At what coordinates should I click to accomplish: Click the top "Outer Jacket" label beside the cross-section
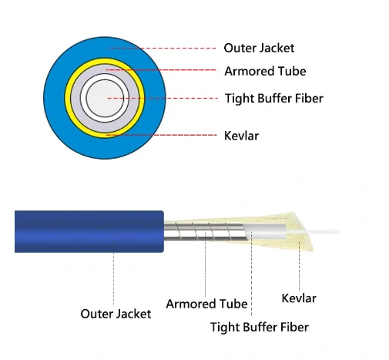(259, 49)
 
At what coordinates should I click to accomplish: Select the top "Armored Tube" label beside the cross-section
(265, 71)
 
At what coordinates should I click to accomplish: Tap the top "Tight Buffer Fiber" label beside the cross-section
(274, 99)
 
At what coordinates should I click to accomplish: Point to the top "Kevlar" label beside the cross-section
(241, 136)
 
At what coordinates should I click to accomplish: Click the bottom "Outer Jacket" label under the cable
(116, 314)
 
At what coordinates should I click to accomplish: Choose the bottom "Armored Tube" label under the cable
(206, 304)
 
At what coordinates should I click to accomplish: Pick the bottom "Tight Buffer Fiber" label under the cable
(260, 327)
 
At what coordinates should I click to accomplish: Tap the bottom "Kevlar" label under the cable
(299, 298)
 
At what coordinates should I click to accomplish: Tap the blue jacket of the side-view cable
(89, 231)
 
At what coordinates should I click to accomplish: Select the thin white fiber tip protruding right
(313, 232)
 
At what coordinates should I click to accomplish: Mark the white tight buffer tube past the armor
(264, 231)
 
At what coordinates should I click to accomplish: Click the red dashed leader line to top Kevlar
(162, 135)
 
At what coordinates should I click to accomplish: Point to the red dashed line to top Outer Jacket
(162, 48)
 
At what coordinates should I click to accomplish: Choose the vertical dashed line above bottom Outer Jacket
(113, 267)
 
